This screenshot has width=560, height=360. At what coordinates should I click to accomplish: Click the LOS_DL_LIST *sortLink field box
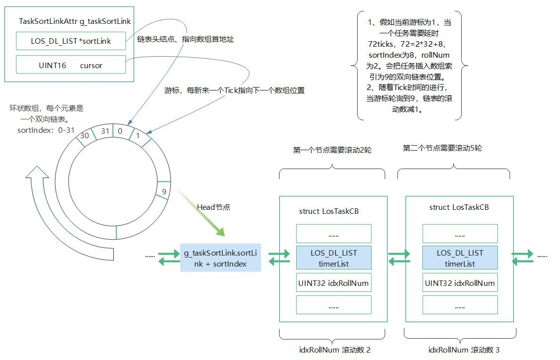[71, 41]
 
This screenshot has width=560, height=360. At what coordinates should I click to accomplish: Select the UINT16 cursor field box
[71, 65]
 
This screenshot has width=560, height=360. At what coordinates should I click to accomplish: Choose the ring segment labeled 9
[163, 190]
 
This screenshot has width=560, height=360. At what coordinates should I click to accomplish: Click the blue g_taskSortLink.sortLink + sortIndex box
[220, 258]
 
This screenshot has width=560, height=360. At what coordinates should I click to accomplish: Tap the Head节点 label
[213, 207]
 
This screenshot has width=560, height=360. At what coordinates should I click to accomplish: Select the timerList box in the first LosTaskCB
[333, 258]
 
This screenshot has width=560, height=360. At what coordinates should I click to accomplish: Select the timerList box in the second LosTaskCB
[460, 258]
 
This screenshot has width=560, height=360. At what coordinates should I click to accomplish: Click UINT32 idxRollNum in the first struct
[333, 283]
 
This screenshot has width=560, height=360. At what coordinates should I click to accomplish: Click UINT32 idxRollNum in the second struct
[460, 283]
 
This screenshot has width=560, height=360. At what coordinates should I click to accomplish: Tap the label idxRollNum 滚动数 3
[464, 350]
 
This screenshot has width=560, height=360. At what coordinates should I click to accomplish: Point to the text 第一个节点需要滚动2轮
[332, 149]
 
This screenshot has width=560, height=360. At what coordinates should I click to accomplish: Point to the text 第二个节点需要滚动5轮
[442, 148]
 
